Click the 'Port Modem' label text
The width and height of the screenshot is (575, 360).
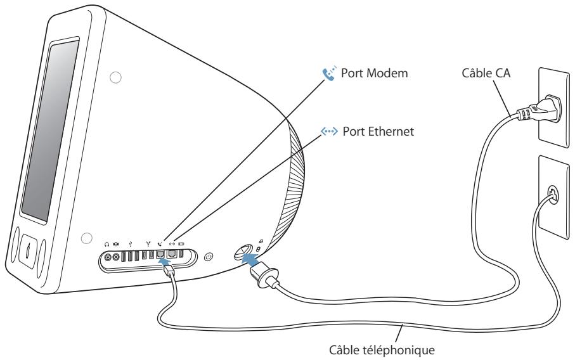(x=374, y=73)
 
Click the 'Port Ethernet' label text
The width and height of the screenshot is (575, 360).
(x=378, y=131)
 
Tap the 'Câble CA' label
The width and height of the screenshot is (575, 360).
(x=486, y=73)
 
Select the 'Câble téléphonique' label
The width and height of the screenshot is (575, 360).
(x=382, y=350)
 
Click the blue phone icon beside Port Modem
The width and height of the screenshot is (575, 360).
(x=329, y=74)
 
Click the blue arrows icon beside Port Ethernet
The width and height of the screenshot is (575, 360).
(x=329, y=131)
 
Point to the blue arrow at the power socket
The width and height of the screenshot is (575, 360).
(x=250, y=258)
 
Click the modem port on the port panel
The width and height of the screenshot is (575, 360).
(x=160, y=254)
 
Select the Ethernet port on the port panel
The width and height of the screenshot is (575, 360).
(x=172, y=254)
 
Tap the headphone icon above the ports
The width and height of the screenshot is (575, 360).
(x=107, y=244)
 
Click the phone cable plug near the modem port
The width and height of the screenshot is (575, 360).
(x=169, y=272)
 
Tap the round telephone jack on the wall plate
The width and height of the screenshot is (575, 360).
(x=552, y=195)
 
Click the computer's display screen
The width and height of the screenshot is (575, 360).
(x=50, y=130)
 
